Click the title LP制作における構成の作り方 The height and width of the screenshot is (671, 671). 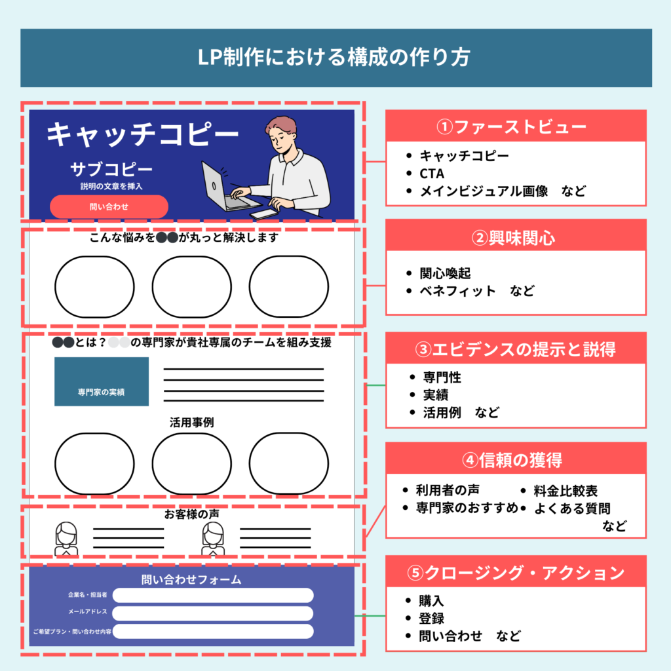click(x=335, y=58)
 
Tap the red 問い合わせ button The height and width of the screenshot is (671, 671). click(x=109, y=206)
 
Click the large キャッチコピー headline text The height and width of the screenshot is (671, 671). click(x=143, y=134)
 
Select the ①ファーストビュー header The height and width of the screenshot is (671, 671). click(x=516, y=126)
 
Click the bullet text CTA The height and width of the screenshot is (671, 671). click(x=432, y=174)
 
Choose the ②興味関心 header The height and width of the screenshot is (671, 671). click(x=516, y=237)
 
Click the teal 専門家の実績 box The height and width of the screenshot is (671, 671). click(x=102, y=381)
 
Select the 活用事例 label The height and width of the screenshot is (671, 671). click(x=191, y=423)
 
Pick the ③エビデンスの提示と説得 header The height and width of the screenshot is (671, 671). click(x=516, y=349)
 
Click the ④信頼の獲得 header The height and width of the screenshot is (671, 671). click(x=516, y=460)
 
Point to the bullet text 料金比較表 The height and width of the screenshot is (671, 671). click(x=566, y=491)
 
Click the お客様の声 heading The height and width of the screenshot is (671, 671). click(x=191, y=515)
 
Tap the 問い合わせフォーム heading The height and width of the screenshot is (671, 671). click(x=191, y=579)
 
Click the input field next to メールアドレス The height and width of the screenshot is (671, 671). click(x=213, y=613)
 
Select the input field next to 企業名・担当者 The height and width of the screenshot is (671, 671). click(x=213, y=595)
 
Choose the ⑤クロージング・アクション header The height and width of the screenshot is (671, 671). click(x=516, y=573)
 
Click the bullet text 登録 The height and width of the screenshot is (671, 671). click(x=432, y=618)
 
